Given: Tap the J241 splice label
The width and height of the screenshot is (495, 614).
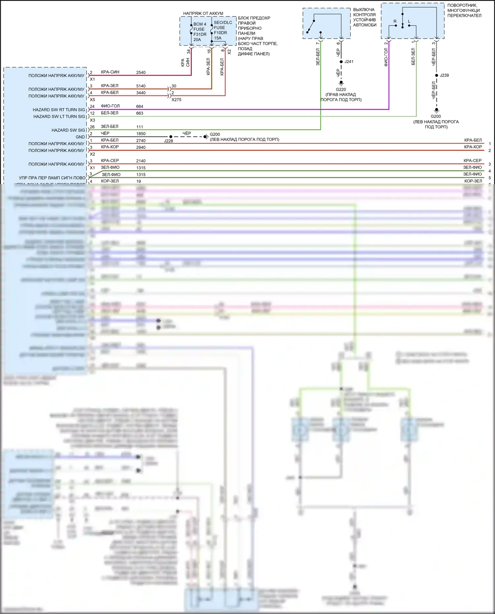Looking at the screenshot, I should click(x=349, y=62).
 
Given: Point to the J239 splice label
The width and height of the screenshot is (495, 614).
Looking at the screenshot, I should click(x=444, y=75).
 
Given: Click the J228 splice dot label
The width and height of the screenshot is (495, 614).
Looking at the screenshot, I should click(x=169, y=141).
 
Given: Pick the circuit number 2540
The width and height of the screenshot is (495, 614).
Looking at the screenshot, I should click(x=141, y=73).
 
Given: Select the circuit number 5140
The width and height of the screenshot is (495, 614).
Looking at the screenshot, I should click(x=141, y=86).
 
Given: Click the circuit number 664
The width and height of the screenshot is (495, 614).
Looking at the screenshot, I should click(x=140, y=107).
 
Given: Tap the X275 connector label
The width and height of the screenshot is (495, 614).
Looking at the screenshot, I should click(x=176, y=100).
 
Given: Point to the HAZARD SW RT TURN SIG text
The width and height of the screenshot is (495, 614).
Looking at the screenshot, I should click(x=59, y=110).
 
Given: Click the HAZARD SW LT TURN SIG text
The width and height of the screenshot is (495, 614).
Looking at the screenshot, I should click(x=59, y=116).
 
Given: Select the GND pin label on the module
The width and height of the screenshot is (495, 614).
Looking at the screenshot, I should click(x=80, y=137).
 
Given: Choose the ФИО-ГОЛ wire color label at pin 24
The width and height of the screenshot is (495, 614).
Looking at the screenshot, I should click(x=110, y=106).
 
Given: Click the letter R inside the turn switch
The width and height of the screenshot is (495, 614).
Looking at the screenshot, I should click(x=395, y=21).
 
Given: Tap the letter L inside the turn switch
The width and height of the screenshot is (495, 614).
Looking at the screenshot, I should click(x=409, y=21).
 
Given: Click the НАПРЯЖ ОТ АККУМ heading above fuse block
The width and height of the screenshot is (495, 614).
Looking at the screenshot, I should click(x=203, y=14).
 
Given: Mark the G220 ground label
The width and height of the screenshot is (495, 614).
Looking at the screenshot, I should click(x=341, y=89).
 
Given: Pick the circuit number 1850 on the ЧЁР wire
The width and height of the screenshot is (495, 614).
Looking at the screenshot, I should click(x=141, y=134).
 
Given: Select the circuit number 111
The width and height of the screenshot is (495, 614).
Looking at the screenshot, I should click(x=140, y=127).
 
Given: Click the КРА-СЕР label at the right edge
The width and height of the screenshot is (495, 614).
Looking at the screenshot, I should click(x=473, y=161).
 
